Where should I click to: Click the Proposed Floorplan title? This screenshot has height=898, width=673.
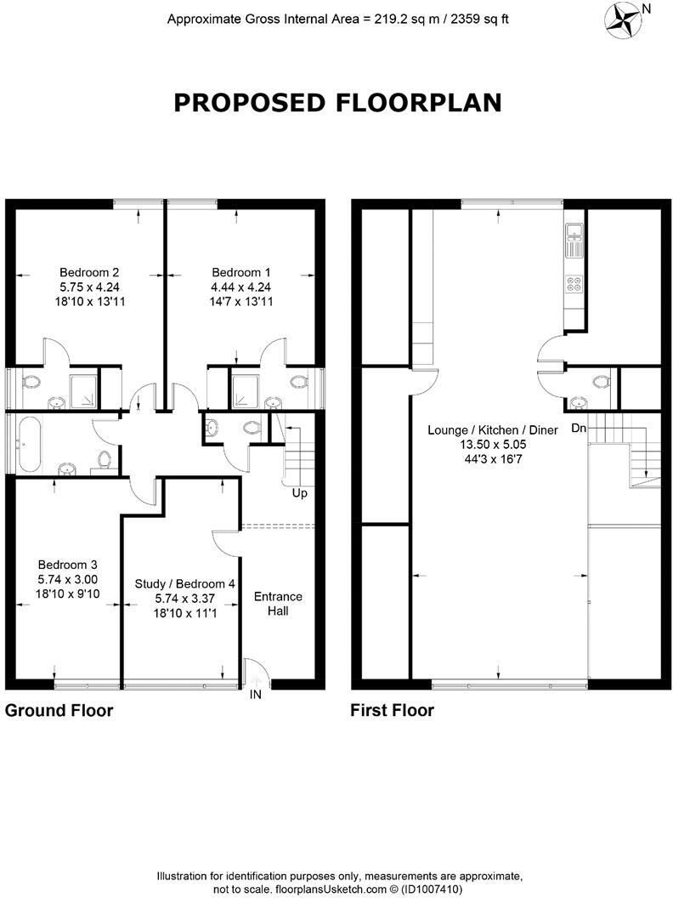337,103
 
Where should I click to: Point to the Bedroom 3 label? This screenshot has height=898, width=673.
68,565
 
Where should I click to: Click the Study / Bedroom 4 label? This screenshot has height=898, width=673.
185,584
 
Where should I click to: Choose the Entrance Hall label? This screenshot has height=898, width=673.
278,603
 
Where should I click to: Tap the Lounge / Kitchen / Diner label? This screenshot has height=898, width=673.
492,430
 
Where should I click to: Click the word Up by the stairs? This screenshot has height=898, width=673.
299,493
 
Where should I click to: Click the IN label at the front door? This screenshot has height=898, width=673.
255,695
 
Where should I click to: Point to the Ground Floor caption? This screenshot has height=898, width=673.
59,710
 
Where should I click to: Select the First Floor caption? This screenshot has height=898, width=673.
392,710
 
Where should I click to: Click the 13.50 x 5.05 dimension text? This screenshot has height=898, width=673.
492,444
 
